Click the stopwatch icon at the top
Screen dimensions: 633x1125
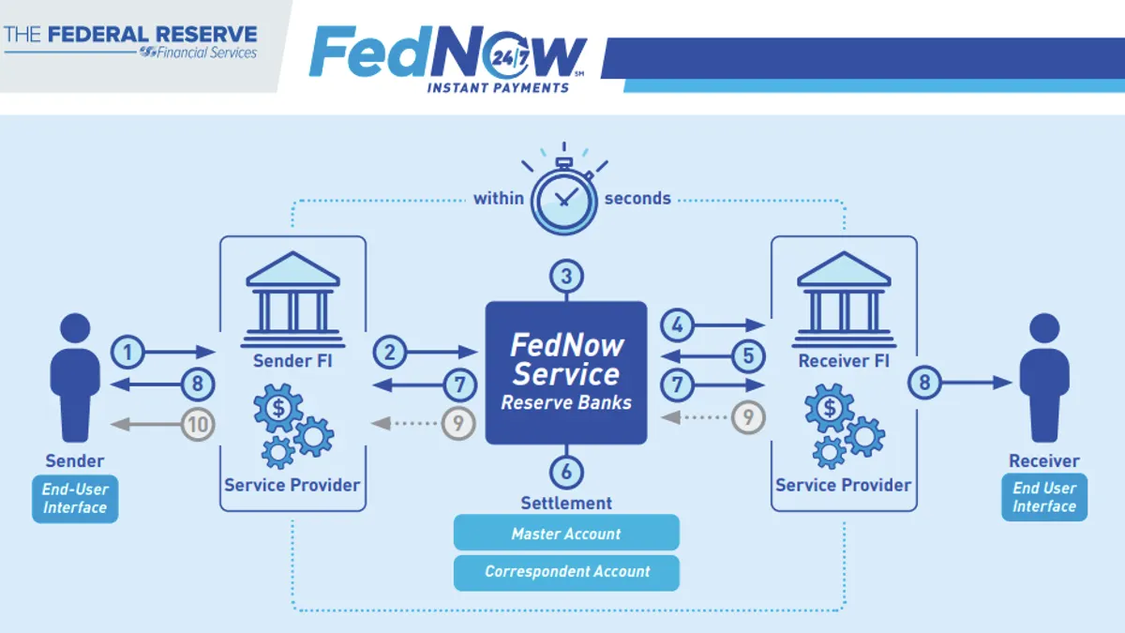(564, 197)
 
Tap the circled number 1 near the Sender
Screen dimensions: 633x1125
(128, 352)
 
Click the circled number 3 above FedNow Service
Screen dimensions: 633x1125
(566, 277)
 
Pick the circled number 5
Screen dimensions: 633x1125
(747, 355)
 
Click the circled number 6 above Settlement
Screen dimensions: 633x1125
(566, 472)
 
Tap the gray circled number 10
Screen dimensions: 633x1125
(198, 424)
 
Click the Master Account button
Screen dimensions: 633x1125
(566, 534)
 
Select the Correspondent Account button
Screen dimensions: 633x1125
(566, 571)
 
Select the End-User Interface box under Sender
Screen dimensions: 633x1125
(75, 499)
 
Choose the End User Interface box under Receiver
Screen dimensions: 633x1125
(1044, 497)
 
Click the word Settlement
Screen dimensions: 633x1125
(566, 504)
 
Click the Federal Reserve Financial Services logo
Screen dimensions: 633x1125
(130, 42)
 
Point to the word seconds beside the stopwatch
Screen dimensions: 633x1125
(637, 198)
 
